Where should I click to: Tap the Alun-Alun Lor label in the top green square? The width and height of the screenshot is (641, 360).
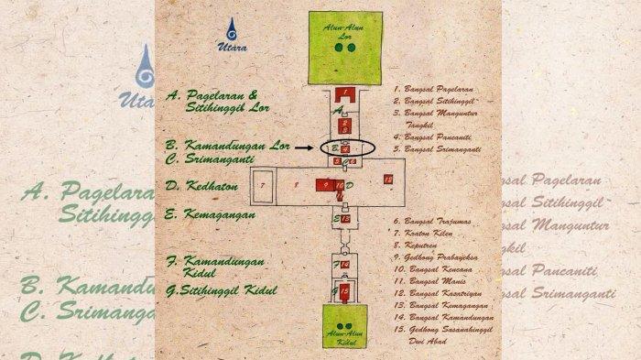click(344, 30)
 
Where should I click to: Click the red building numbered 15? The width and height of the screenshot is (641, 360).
click(344, 292)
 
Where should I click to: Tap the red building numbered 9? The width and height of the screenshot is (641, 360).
click(324, 185)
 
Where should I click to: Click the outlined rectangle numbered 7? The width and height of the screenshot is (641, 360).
click(264, 184)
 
